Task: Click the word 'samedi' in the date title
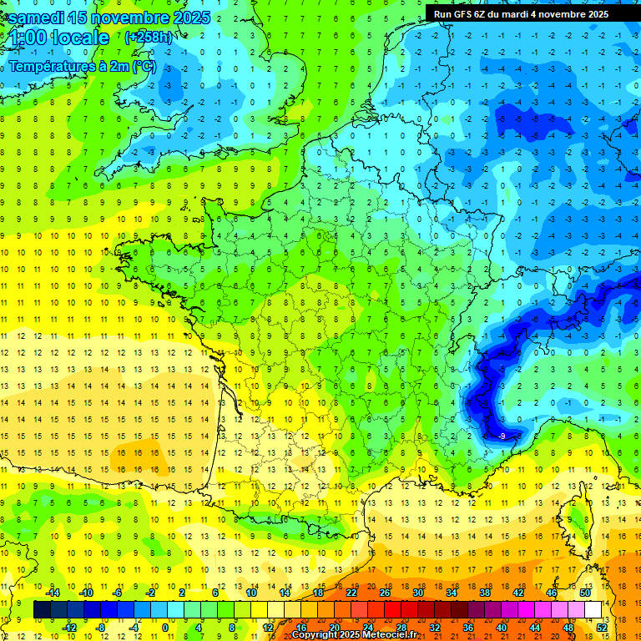[x=39, y=18]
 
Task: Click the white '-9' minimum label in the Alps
[x=502, y=436]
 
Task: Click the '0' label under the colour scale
[x=164, y=628]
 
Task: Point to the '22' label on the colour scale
[x=351, y=593]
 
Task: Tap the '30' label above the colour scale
[x=418, y=593]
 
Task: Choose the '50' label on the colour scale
[x=584, y=593]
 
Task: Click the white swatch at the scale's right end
[x=593, y=610]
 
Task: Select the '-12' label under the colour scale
[x=70, y=628]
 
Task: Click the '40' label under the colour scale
[x=502, y=628]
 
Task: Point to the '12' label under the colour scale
[x=268, y=628]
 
